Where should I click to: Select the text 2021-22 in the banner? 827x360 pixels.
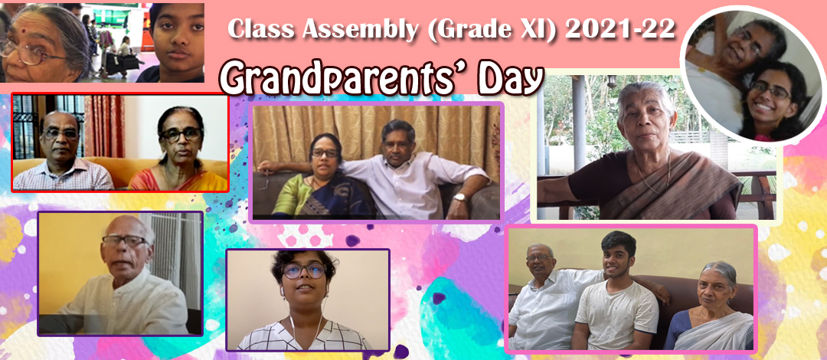coord(619,30)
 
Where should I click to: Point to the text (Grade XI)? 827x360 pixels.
coord(491,30)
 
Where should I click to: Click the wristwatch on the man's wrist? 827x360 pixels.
coord(460,198)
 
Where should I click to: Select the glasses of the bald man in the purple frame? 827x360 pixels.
coord(125,241)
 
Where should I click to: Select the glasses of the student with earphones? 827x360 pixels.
coord(304,271)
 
